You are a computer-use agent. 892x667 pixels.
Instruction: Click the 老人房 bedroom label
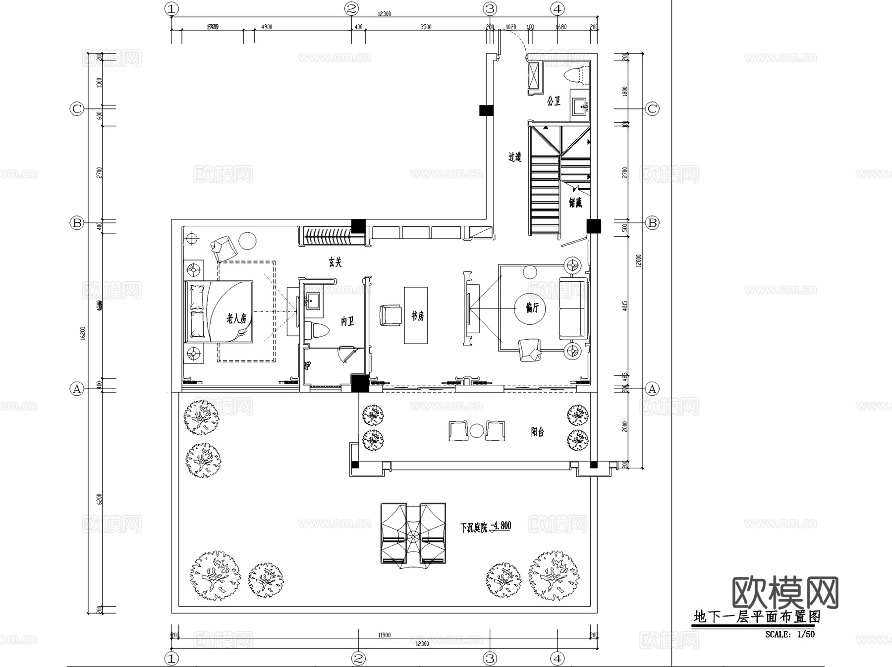(x=236, y=318)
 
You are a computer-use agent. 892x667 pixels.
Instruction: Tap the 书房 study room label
(x=418, y=316)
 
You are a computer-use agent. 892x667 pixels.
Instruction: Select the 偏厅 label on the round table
(x=532, y=308)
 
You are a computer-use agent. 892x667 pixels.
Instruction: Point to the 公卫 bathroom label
(x=554, y=101)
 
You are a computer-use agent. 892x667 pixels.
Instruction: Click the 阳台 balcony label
(x=537, y=432)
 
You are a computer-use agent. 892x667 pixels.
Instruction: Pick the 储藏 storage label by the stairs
(x=575, y=203)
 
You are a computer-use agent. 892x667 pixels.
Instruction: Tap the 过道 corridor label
(x=515, y=157)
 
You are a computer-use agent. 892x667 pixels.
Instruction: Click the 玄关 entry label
(x=335, y=262)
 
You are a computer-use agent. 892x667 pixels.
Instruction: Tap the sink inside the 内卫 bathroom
(x=313, y=301)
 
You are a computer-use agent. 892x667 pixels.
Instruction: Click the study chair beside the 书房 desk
(x=390, y=315)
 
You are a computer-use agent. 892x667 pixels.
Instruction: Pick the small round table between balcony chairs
(x=476, y=431)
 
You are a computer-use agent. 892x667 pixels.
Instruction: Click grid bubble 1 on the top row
(x=171, y=8)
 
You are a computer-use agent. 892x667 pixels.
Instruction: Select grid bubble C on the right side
(x=652, y=109)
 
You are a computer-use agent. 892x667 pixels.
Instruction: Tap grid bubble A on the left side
(x=76, y=389)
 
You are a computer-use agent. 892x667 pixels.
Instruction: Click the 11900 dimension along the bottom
(x=384, y=635)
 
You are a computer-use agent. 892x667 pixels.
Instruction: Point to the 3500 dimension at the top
(x=426, y=27)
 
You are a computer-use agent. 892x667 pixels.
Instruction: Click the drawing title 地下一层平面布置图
(x=757, y=617)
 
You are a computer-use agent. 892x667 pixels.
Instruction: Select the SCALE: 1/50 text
(x=789, y=634)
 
